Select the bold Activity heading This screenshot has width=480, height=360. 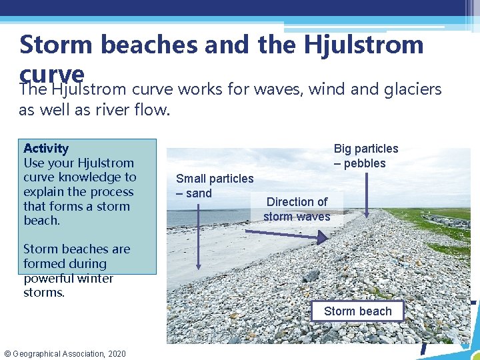46,148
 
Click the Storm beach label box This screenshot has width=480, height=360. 358,311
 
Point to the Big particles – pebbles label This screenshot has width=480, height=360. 365,156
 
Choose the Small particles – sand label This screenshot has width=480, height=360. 214,186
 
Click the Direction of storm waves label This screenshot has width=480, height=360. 297,209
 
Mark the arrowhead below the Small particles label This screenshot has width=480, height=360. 198,266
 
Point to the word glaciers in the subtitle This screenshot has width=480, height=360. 413,89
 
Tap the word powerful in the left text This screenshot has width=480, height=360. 47,278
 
